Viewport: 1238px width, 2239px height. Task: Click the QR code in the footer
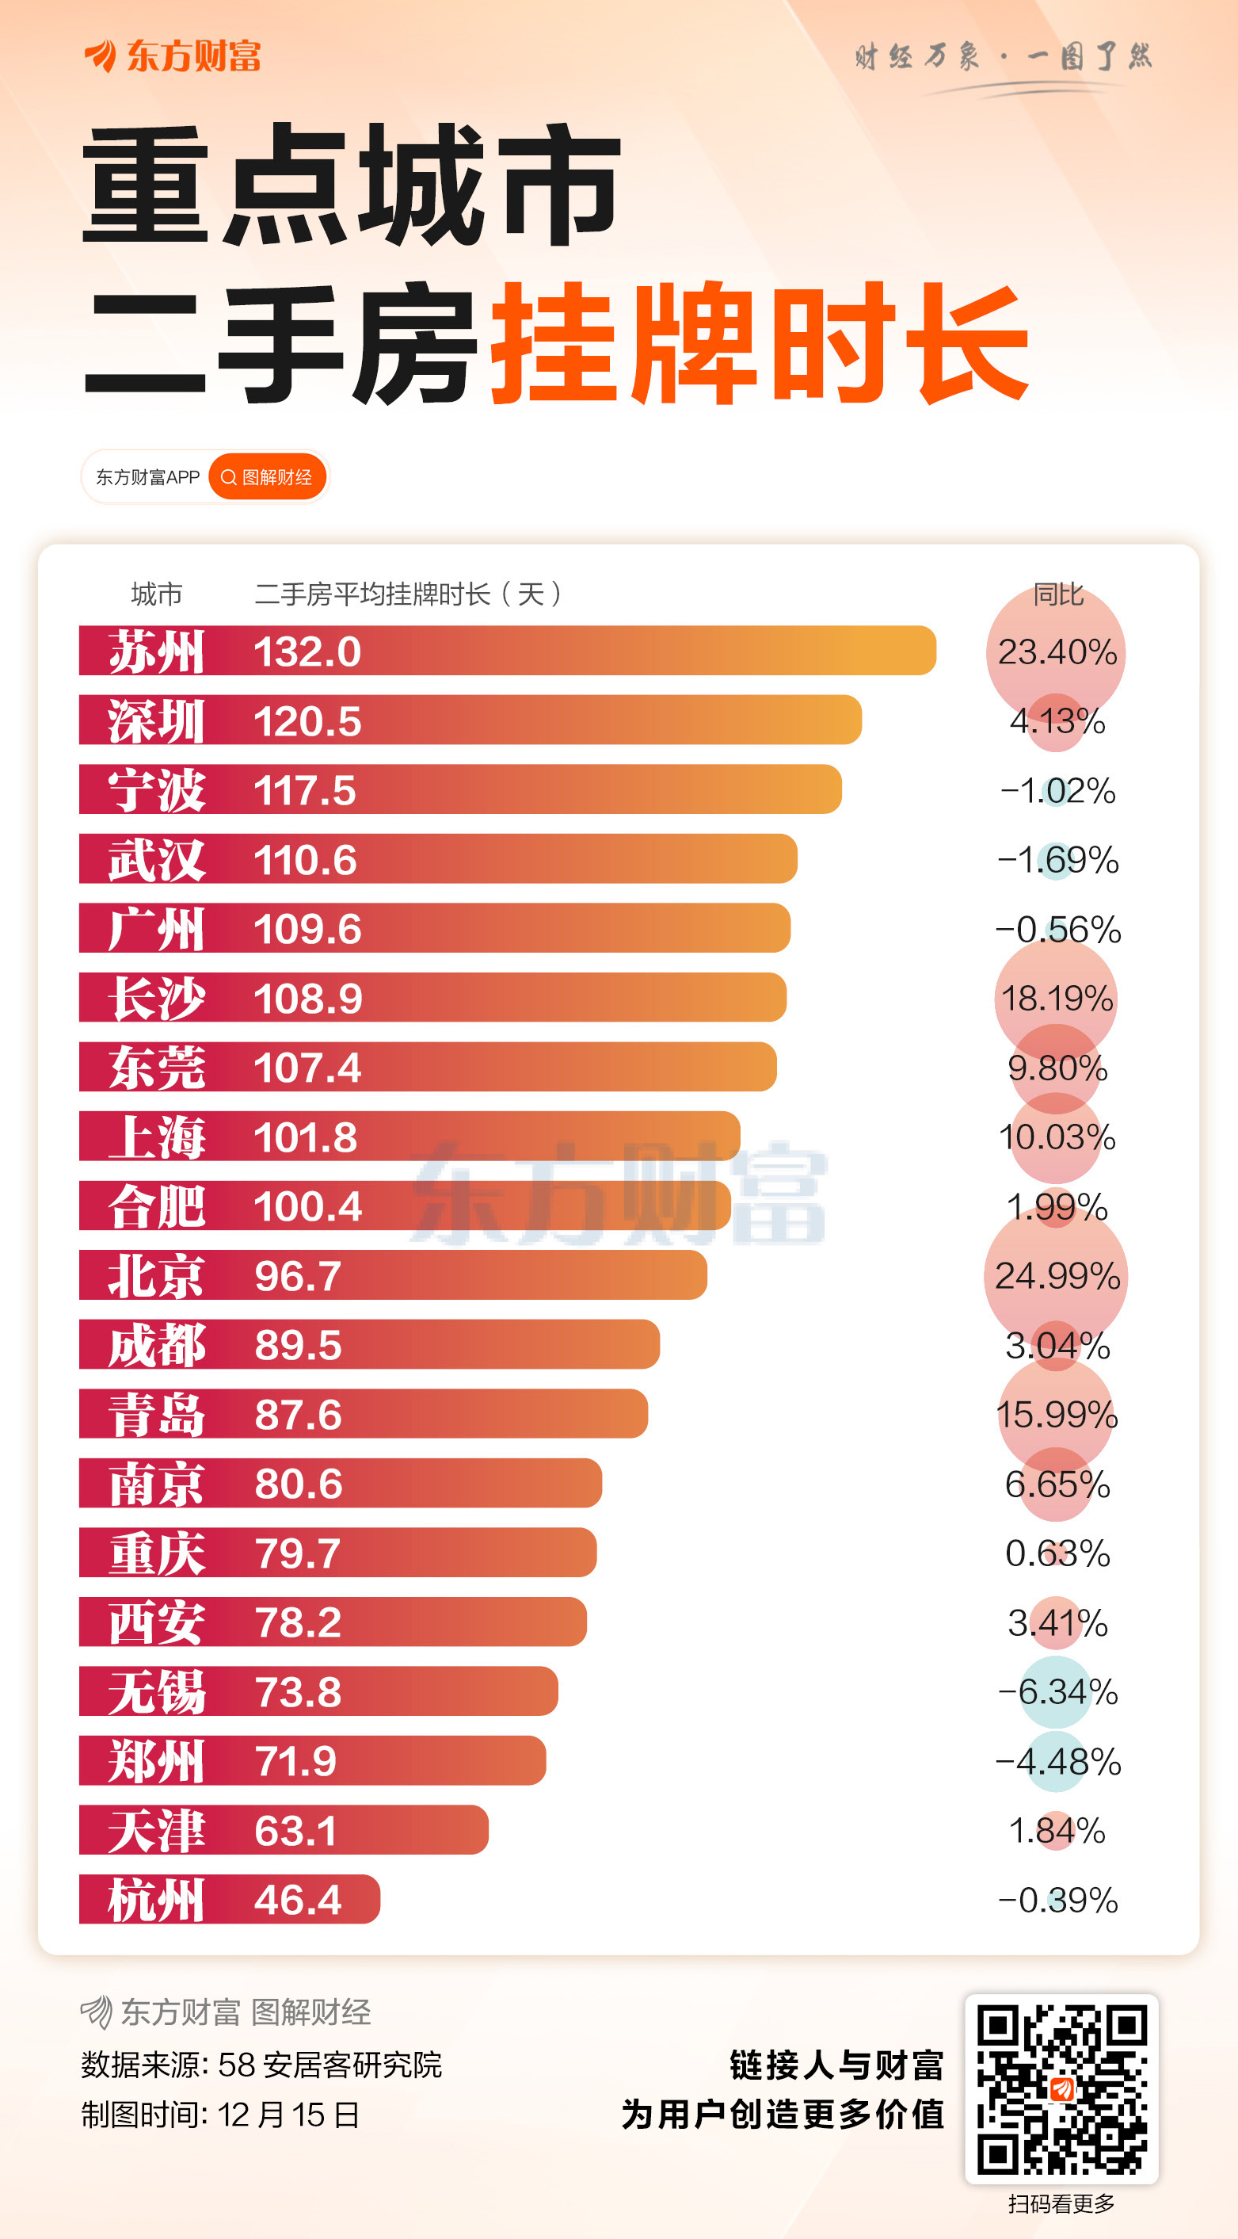click(1061, 2088)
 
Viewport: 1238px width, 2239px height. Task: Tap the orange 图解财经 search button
click(268, 477)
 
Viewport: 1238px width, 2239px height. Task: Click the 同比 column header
click(1057, 594)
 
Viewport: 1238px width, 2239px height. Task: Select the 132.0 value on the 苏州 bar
click(307, 651)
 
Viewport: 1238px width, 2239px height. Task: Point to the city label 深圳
click(155, 721)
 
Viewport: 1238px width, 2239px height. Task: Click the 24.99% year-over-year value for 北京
click(1057, 1276)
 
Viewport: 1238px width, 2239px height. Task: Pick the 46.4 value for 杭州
click(297, 1900)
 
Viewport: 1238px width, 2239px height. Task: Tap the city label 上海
click(155, 1137)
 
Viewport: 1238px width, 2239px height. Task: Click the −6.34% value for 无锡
click(1057, 1692)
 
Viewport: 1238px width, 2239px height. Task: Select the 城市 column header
click(156, 594)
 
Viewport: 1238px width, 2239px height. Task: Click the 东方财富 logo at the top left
click(173, 56)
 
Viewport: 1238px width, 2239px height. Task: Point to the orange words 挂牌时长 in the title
click(760, 342)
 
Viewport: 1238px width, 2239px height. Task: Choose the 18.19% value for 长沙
click(1057, 999)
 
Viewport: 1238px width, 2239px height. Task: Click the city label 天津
click(155, 1831)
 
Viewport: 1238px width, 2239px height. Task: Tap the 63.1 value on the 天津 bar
click(295, 1831)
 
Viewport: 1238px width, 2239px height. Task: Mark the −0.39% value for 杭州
click(1057, 1900)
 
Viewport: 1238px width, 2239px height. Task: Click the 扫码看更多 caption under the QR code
click(1061, 2203)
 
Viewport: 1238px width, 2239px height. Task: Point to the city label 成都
click(155, 1346)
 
